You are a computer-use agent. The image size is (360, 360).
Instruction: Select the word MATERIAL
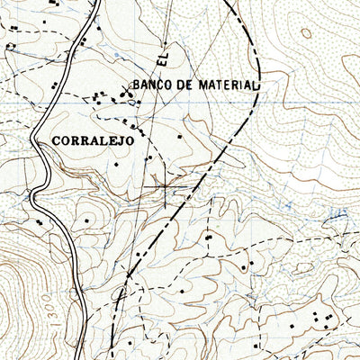(x=226, y=85)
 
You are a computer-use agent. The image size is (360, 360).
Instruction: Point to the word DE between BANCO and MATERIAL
(x=185, y=85)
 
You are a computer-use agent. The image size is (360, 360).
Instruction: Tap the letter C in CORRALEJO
(x=58, y=140)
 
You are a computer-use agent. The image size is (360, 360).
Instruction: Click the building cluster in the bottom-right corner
(x=320, y=319)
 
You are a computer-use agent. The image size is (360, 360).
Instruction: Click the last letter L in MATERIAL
(x=256, y=85)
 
